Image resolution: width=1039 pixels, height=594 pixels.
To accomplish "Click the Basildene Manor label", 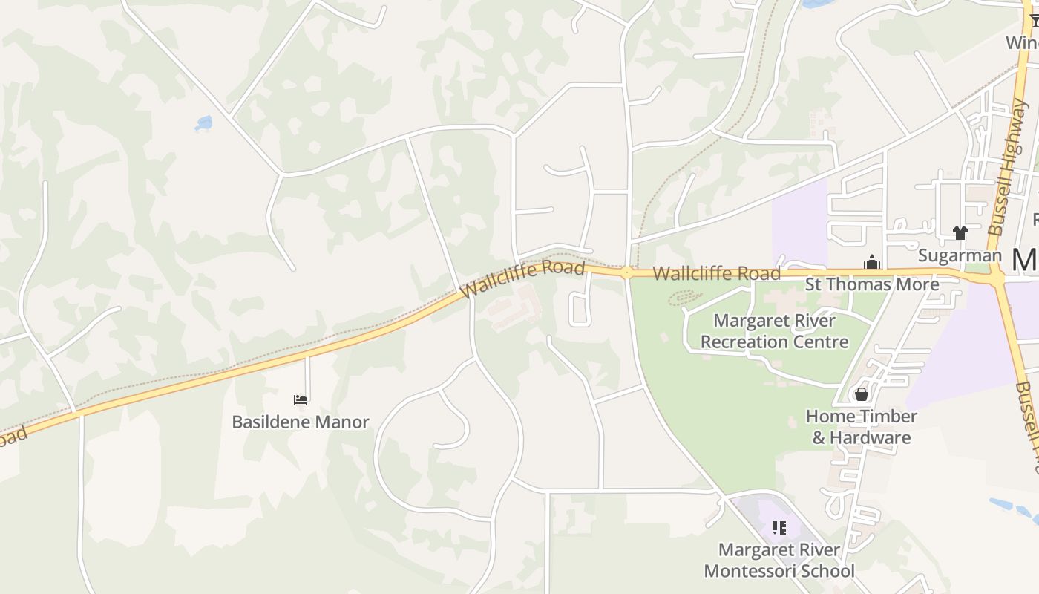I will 301,422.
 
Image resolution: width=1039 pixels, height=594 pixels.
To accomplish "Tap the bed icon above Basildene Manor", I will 301,400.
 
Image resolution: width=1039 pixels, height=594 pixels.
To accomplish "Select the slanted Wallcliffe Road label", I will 522,278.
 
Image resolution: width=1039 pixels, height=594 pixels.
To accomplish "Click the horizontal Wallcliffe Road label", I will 716,273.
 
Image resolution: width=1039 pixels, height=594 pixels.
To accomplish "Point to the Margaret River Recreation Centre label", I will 774,331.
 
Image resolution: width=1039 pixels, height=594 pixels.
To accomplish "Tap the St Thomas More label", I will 872,284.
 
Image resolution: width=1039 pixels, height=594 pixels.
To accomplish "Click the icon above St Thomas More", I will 871,262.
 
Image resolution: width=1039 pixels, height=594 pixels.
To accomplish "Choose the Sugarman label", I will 960,255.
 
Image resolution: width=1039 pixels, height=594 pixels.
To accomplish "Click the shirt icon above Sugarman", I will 960,233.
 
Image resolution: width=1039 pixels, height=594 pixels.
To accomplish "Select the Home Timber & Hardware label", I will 862,426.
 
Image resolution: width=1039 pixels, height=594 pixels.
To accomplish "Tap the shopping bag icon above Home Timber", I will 862,394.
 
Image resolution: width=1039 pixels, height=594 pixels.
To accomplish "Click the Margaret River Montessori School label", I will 779,561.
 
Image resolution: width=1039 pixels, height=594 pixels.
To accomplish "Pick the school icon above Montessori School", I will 779,528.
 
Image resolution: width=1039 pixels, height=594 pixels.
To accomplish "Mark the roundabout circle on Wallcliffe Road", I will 627,272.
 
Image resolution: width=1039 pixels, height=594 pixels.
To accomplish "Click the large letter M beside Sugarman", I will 1025,260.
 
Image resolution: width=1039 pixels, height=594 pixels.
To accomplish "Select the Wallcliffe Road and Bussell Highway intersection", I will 997,277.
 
